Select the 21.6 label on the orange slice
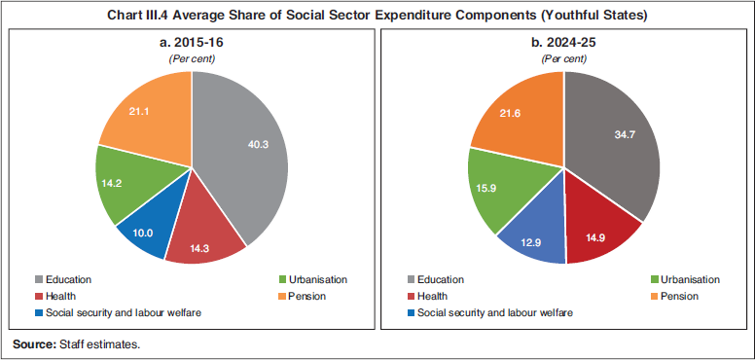click(512, 114)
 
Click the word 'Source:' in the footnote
click(34, 344)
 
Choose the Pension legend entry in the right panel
click(680, 296)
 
